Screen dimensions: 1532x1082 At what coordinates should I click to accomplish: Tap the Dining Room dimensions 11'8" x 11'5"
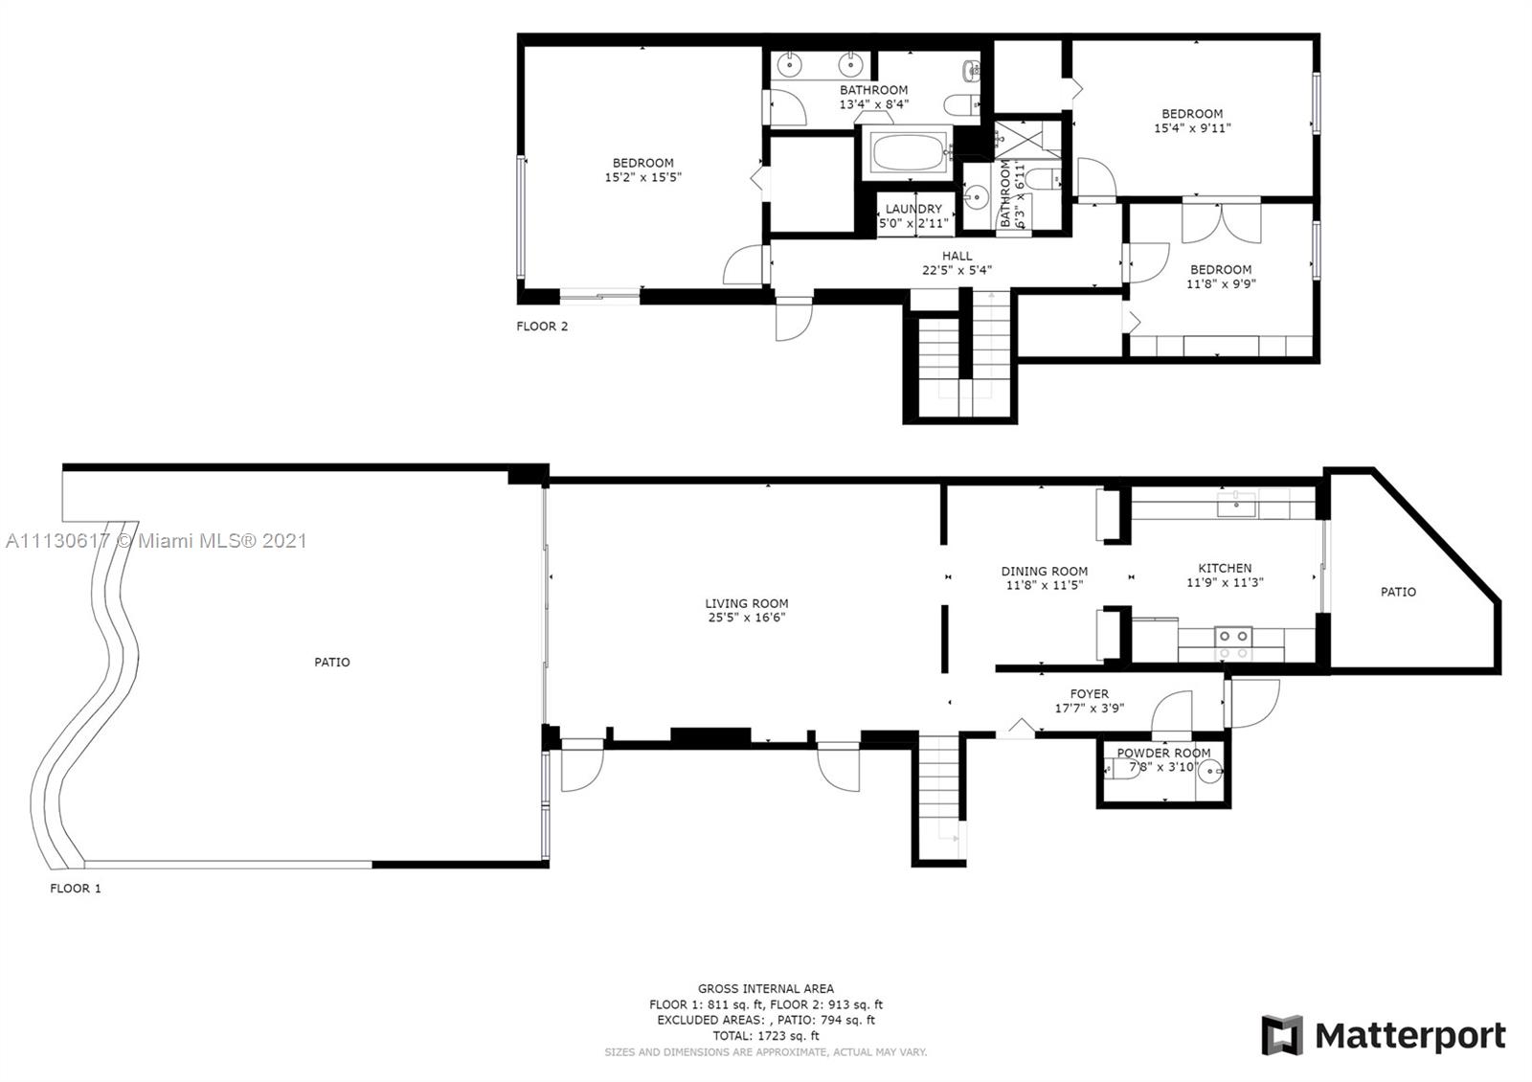pos(1045,585)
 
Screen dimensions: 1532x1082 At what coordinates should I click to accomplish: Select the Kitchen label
pos(1225,569)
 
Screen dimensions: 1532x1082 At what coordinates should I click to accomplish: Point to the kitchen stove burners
pos(1233,636)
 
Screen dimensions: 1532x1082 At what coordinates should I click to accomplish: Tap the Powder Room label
pos(1163,753)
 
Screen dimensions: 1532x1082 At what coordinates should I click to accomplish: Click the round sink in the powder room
pos(1210,772)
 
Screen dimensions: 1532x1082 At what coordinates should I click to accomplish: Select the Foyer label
pos(1090,694)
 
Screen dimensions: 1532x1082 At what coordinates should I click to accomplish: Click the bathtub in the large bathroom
pos(909,152)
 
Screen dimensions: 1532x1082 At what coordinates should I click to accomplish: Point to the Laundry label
pos(913,210)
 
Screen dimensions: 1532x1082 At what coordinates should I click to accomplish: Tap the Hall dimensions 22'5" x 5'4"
pos(957,270)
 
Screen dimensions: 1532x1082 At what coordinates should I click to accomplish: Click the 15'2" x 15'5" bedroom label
pos(642,170)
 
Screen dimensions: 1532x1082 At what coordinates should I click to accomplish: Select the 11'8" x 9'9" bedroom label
pos(1221,277)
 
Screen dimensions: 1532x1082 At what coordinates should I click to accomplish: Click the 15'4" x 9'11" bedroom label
pos(1192,121)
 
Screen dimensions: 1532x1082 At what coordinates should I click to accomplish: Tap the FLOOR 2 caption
pos(542,327)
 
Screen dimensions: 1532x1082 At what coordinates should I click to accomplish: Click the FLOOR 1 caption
pos(76,889)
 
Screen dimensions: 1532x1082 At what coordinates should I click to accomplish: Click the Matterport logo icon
pos(1282,1035)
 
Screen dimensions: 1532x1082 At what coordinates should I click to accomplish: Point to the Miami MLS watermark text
pos(156,541)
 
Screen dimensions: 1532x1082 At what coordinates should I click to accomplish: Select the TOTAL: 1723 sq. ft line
pos(765,1036)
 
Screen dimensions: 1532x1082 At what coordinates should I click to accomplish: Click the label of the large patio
pos(331,662)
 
